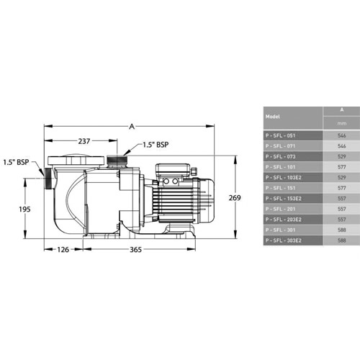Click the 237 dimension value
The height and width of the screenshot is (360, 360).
tap(84, 141)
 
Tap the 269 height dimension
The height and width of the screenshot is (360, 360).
tap(235, 198)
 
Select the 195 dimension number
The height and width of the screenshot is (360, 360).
tap(24, 210)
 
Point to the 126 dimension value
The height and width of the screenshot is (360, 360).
tap(63, 250)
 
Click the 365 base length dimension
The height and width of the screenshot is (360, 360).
tap(135, 250)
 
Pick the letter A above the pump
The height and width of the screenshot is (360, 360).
tap(132, 127)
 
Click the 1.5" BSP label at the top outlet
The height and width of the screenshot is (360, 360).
tap(156, 145)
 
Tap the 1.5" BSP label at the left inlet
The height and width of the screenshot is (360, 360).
tap(16, 162)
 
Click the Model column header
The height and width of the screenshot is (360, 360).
tap(273, 117)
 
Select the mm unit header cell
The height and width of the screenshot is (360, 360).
tap(341, 123)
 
